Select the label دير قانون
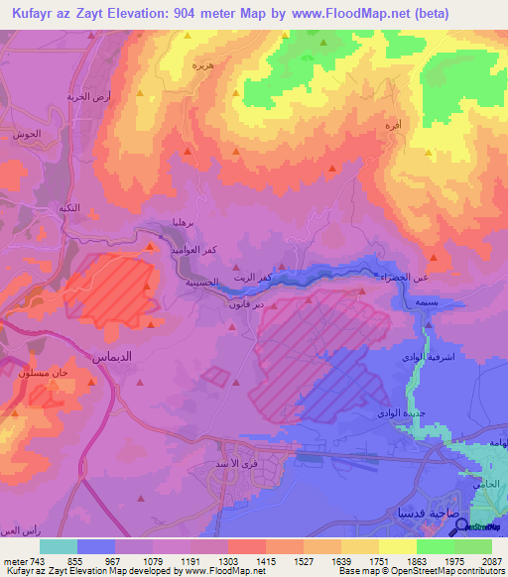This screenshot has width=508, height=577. tap(218, 307)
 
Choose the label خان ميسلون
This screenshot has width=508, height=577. tap(42, 372)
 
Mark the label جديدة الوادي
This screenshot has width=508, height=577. tap(402, 413)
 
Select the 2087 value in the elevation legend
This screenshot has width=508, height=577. tap(491, 561)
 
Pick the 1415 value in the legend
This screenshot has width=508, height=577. tap(265, 561)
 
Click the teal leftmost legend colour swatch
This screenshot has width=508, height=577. tap(59, 546)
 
